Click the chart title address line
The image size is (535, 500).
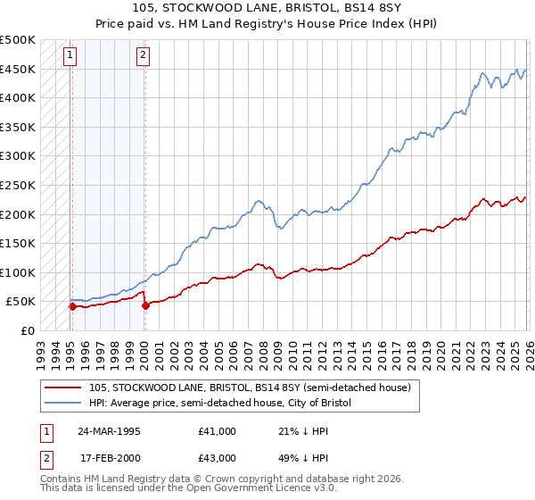point(267,8)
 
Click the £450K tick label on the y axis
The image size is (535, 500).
point(18,69)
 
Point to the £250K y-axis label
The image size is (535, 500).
point(18,185)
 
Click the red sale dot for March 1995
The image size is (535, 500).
point(72,306)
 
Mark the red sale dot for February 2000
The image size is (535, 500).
point(144,305)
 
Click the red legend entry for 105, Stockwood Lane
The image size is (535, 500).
point(250,388)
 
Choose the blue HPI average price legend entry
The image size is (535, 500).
point(220,404)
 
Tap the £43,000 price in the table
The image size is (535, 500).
point(218,457)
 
